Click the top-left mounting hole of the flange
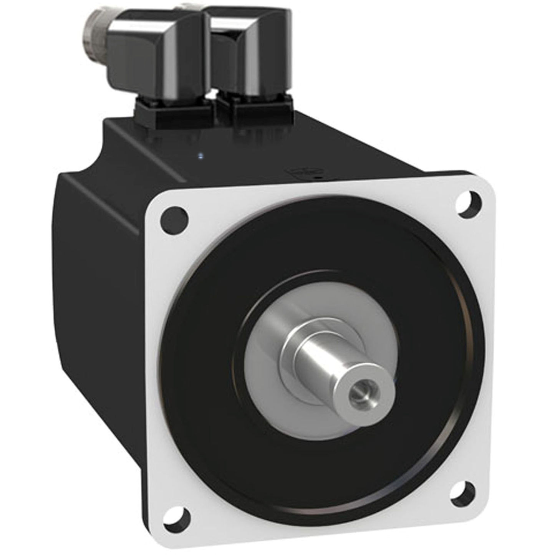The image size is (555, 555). tap(175, 219)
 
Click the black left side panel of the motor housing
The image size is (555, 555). tap(96, 307)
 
